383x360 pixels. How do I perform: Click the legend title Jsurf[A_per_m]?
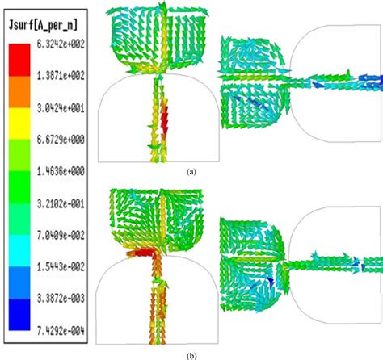(43, 25)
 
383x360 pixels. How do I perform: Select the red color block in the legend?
(19, 60)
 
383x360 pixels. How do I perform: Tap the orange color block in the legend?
(19, 92)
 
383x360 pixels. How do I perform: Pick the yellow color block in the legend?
(19, 123)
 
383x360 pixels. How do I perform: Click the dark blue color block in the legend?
(19, 314)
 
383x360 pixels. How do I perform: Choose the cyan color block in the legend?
(19, 251)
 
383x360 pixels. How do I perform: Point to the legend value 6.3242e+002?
(61, 44)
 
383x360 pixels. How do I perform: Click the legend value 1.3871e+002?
(61, 76)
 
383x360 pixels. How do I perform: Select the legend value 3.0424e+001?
(61, 108)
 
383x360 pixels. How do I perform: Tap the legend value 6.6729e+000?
(61, 140)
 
